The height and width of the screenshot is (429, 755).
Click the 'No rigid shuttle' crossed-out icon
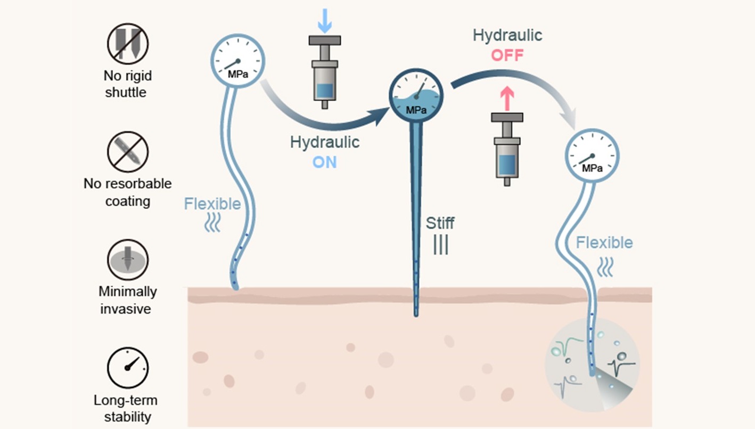[127, 43]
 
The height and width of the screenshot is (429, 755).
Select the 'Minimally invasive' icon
[127, 260]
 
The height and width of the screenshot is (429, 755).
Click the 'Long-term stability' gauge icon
[127, 368]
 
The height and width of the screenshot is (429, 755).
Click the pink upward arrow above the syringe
[507, 99]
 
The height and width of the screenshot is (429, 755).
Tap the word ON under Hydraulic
[324, 161]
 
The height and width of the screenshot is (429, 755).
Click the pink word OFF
[507, 55]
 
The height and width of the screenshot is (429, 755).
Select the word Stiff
[440, 222]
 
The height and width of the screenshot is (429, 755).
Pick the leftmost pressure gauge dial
[237, 61]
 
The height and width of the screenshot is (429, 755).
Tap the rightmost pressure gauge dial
[592, 156]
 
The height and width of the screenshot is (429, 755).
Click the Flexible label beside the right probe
[604, 243]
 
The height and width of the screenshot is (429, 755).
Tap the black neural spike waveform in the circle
[622, 366]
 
